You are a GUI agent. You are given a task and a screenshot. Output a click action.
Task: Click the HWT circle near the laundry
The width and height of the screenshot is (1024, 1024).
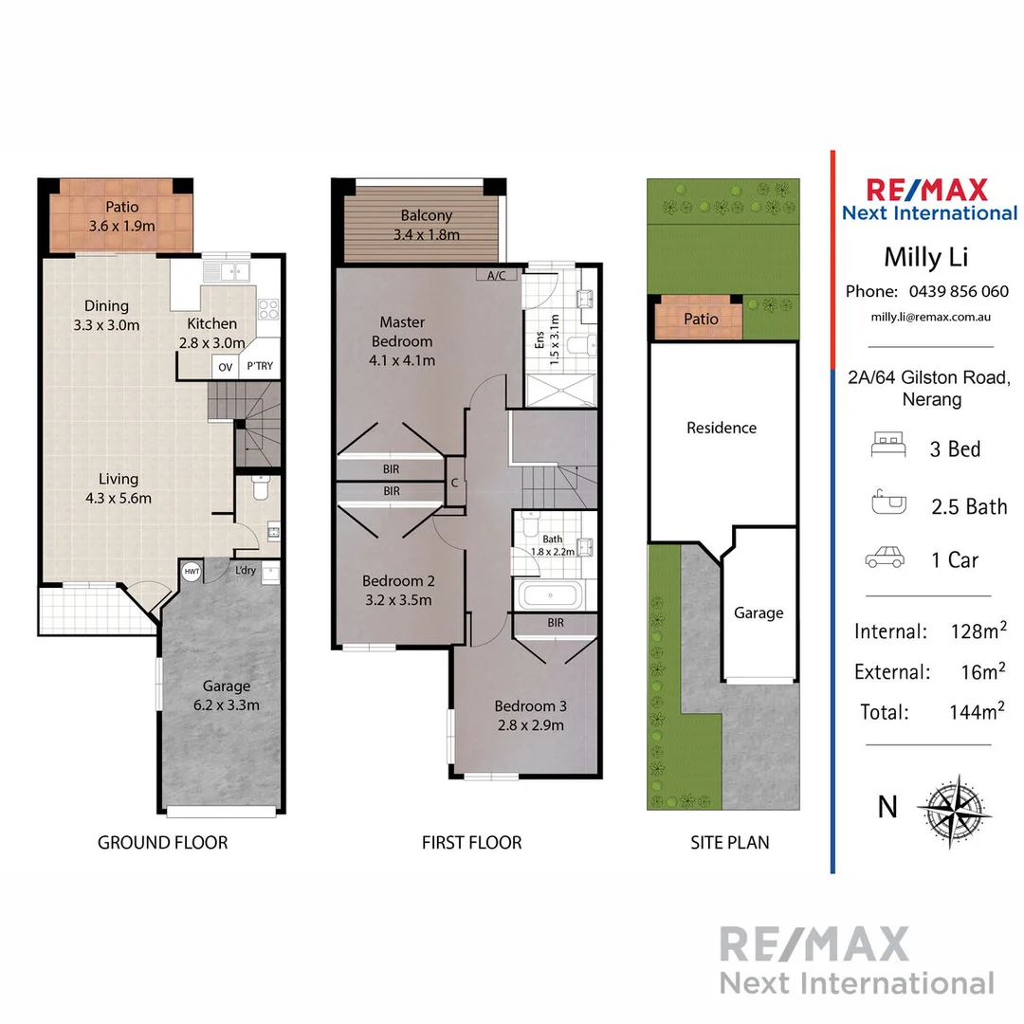pos(191,572)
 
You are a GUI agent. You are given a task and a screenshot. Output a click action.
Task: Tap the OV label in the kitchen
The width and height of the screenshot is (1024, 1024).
pos(225,367)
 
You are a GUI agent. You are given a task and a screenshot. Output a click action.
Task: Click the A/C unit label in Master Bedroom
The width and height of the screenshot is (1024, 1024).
pos(496,276)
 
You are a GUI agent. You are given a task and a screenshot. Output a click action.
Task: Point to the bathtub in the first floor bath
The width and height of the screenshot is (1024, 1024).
pos(551,596)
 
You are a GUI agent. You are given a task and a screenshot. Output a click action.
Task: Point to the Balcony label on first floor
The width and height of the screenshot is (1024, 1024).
pos(426,215)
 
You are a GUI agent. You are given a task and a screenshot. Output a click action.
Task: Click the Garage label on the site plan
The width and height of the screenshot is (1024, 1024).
pos(759,613)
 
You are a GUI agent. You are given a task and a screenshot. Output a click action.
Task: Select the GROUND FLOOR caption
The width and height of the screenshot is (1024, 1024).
pos(162,842)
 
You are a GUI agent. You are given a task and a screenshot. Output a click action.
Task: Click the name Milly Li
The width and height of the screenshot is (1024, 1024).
pos(925,257)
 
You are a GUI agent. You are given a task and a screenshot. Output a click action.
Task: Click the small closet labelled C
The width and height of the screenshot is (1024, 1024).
pos(455,483)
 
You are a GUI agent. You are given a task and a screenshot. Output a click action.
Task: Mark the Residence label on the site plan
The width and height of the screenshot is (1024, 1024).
pos(722,428)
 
